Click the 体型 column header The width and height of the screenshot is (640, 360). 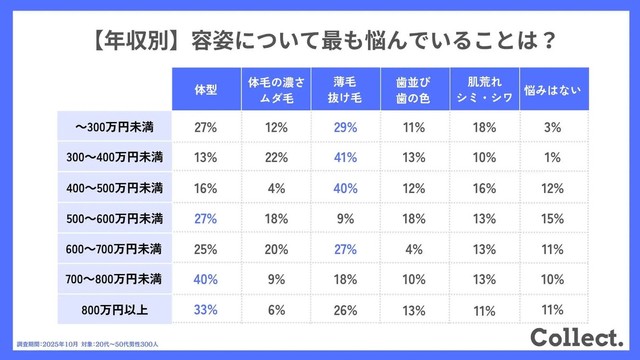point(205,89)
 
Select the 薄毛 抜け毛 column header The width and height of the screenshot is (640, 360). point(345,89)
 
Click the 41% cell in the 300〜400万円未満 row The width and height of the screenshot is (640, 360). point(346,158)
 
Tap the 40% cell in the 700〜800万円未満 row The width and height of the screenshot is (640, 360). point(206,280)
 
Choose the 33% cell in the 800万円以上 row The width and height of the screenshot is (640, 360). point(206,310)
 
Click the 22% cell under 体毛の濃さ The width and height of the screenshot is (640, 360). point(276,158)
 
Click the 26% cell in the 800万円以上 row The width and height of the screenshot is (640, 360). point(346,310)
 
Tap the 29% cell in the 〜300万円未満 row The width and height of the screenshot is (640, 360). point(346,128)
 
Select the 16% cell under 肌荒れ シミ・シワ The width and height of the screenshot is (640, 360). point(485,189)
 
